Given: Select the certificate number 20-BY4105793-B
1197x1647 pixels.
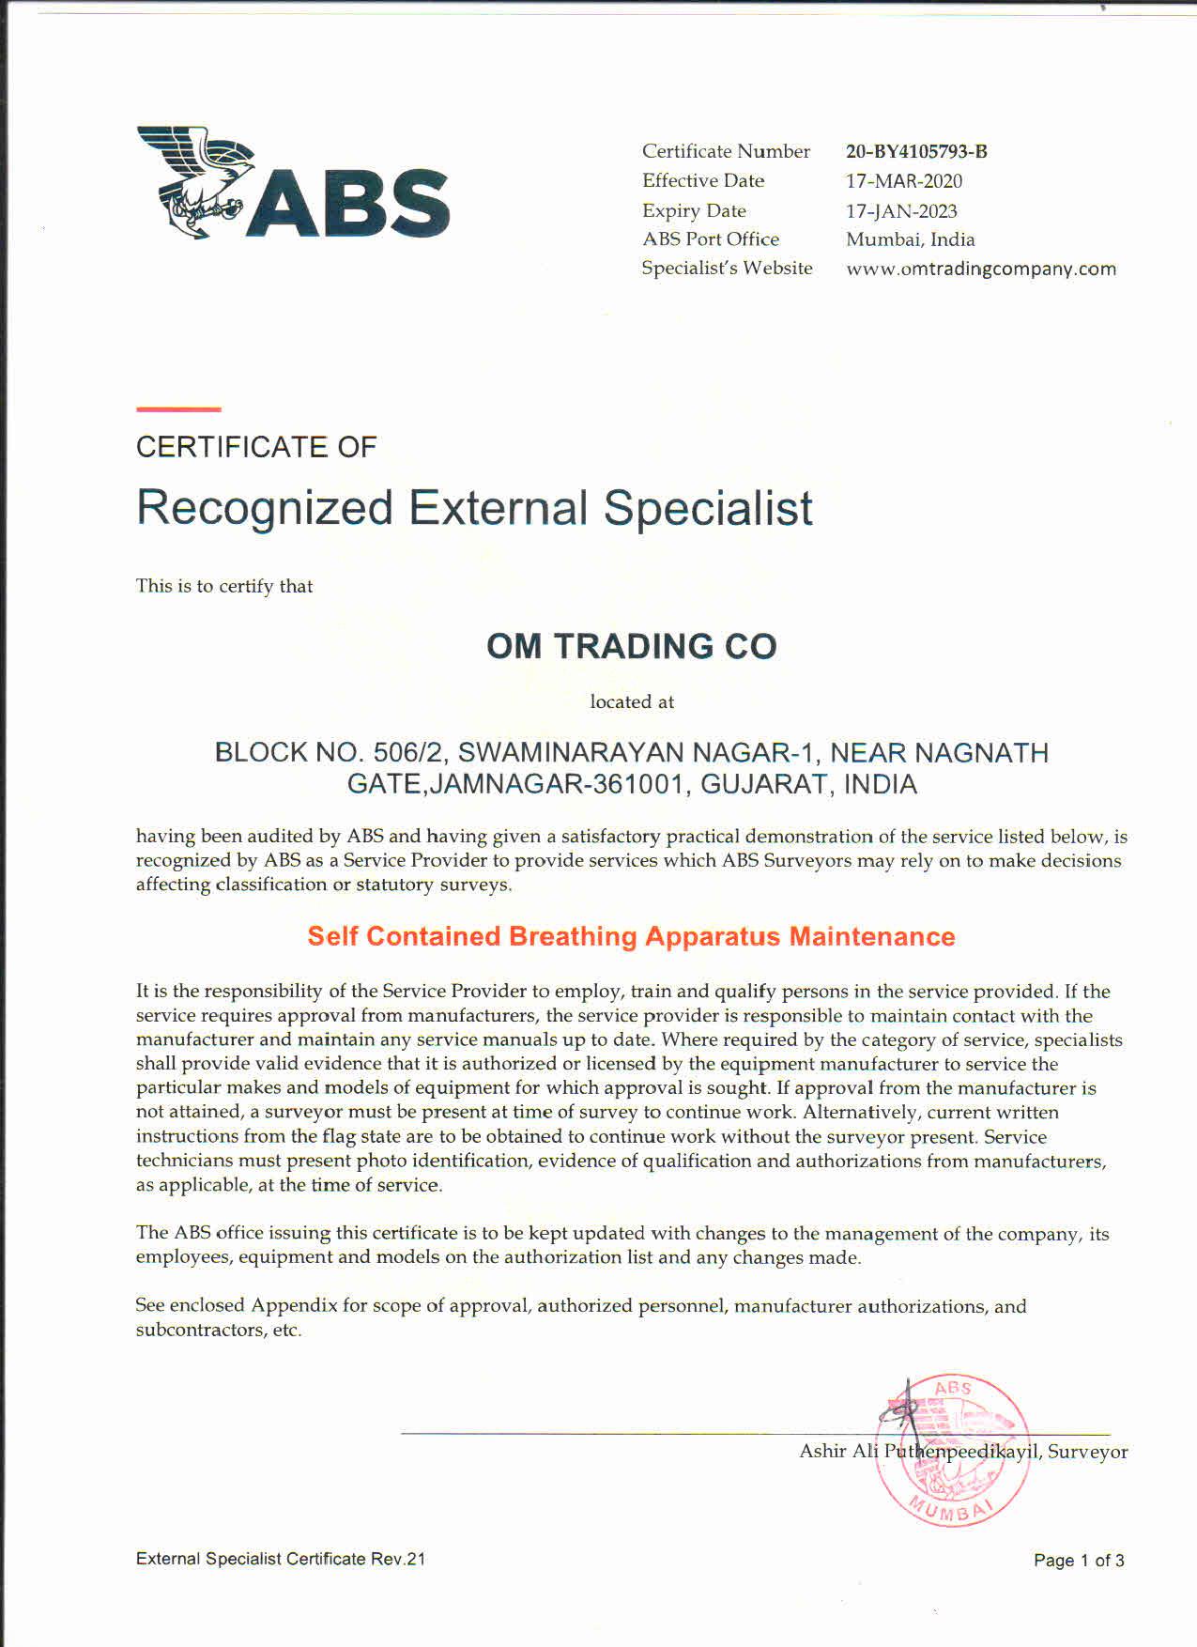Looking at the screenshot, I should click(916, 151).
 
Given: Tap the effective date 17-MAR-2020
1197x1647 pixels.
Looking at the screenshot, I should click(904, 180).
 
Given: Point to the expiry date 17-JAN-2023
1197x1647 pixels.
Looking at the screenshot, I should click(901, 210).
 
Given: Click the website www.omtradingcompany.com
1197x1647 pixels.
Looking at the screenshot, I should click(981, 269).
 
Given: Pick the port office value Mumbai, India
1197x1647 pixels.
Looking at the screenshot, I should click(910, 239).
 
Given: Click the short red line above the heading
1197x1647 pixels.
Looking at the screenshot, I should click(178, 409).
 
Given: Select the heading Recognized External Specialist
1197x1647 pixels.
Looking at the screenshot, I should click(474, 508).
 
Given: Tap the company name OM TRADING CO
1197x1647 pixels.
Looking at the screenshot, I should click(631, 647).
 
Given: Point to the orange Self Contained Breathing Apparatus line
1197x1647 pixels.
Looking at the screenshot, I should click(631, 936).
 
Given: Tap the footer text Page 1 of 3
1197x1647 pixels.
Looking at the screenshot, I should click(1079, 1561).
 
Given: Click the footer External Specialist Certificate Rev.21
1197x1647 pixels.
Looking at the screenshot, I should click(280, 1559).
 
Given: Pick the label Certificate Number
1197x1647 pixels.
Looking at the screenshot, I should click(726, 151).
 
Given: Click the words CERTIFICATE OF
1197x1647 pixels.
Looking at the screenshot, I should click(256, 447).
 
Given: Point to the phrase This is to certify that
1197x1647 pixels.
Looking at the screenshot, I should click(224, 586).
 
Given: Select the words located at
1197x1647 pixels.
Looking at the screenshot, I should click(631, 701).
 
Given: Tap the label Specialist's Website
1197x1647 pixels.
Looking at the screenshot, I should click(727, 269).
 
